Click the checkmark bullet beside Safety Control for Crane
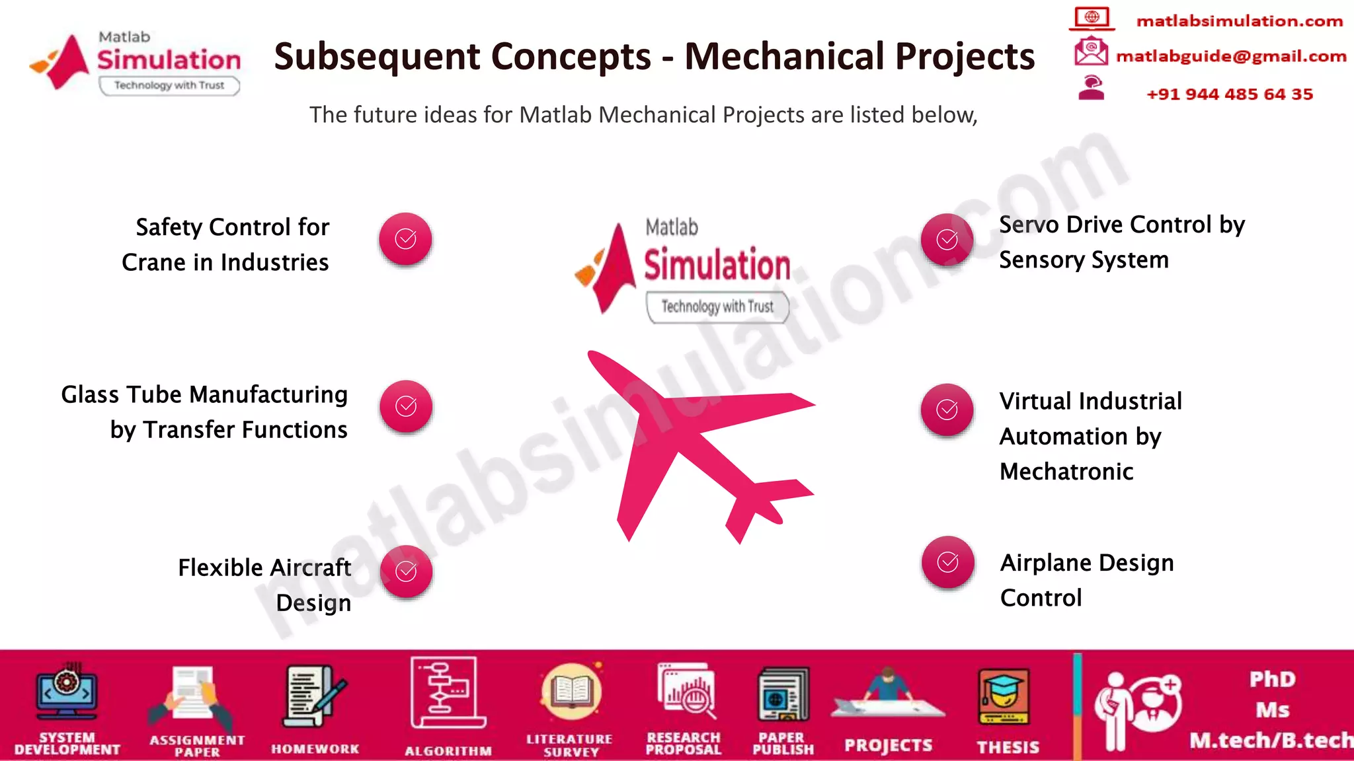(405, 238)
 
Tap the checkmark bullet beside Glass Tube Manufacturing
(406, 406)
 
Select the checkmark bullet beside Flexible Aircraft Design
(406, 571)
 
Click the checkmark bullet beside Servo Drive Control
(947, 239)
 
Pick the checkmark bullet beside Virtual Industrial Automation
(947, 410)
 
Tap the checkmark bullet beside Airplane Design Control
(947, 562)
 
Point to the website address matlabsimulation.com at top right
(1239, 21)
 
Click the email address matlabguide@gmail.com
(1230, 56)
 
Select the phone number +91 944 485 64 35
(1229, 94)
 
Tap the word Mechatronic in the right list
(1066, 472)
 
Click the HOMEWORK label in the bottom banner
(315, 749)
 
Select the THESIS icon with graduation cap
(1004, 697)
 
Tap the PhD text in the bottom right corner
(1271, 679)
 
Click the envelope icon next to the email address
(1090, 52)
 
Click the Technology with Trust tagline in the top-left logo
(169, 85)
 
